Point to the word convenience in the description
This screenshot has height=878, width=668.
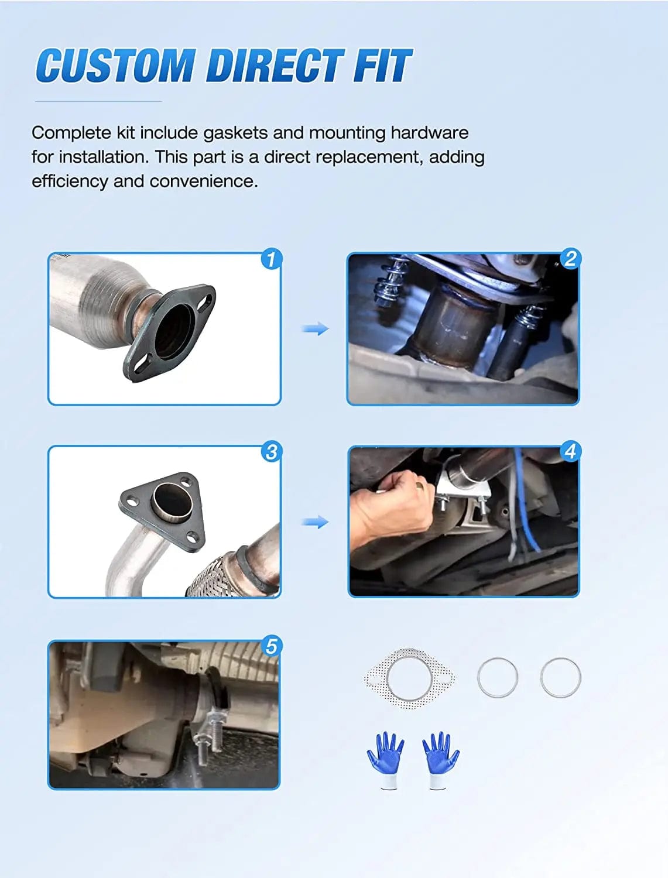[x=204, y=181]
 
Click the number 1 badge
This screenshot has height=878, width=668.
[x=271, y=259]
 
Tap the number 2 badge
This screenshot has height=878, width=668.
[x=570, y=259]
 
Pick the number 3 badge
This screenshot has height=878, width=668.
[x=271, y=452]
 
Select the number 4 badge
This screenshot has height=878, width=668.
[x=570, y=451]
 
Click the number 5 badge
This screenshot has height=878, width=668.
[x=271, y=646]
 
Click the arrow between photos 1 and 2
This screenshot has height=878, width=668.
[x=315, y=329]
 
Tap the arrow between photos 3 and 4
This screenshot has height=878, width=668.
[x=315, y=522]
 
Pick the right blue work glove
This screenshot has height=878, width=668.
[x=440, y=759]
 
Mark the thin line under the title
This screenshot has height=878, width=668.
[x=98, y=102]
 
